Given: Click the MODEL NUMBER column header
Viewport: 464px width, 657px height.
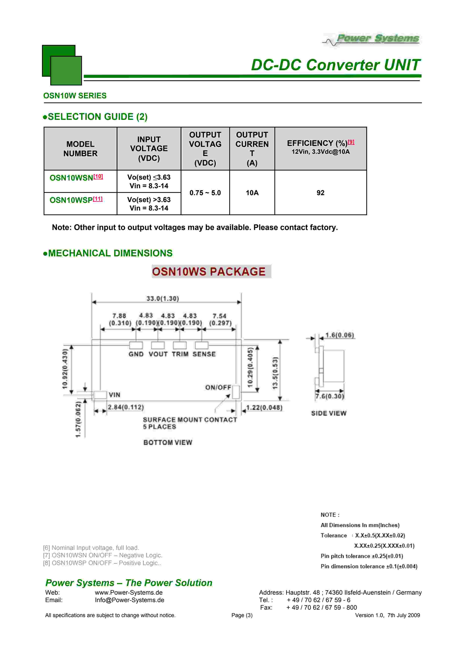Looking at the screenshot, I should tap(80, 149).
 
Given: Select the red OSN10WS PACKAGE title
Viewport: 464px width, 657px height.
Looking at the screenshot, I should tap(209, 272).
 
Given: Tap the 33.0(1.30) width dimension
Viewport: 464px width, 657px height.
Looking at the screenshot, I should tap(162, 299).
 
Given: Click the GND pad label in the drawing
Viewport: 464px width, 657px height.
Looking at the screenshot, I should tap(136, 354).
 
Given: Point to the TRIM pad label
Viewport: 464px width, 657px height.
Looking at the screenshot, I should tap(180, 354).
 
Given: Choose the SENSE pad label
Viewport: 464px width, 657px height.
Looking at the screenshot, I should tap(204, 354).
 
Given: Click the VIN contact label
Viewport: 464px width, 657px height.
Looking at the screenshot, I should tap(114, 395).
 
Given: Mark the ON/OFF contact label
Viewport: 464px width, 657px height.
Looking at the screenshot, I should tap(218, 387).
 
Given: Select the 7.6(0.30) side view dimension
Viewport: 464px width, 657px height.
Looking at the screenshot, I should tap(329, 396).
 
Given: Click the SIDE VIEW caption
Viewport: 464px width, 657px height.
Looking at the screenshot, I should tap(329, 413).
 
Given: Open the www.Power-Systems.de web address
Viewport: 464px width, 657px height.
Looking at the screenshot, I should tap(129, 592).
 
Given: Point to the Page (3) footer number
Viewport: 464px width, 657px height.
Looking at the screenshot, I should tap(242, 615).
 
